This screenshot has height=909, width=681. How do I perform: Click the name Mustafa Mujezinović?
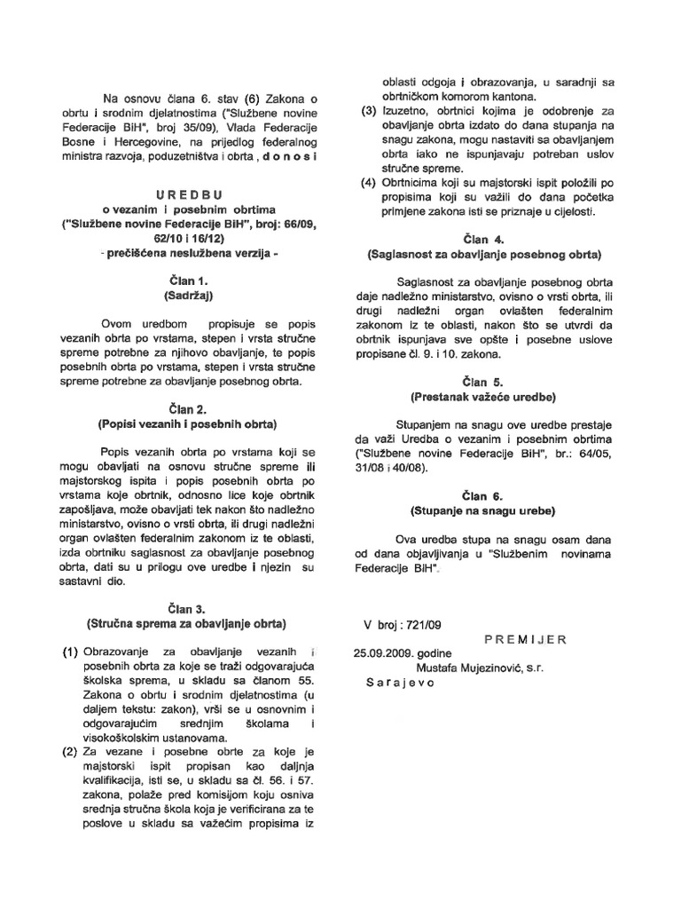pyautogui.click(x=481, y=668)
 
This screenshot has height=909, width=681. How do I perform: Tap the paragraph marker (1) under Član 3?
pyautogui.click(x=71, y=653)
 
